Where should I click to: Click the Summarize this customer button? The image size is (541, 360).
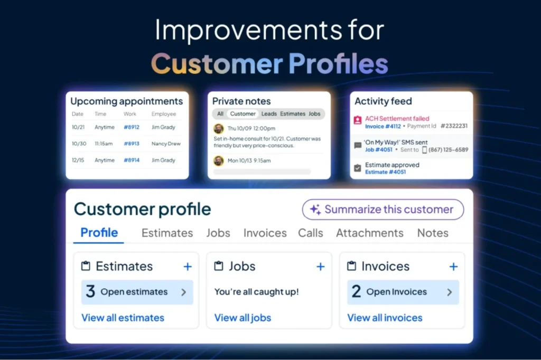[383, 210]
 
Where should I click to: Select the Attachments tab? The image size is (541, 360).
[369, 233]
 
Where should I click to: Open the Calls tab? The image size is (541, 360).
[310, 233]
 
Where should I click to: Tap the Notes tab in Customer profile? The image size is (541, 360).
[432, 233]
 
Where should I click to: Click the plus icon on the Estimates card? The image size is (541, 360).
[188, 267]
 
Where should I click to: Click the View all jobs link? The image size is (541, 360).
[242, 318]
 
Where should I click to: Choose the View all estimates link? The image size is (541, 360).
[123, 318]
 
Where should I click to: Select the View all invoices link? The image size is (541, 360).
[385, 318]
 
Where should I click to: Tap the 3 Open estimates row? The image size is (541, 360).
[137, 292]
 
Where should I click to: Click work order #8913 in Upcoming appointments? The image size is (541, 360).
[131, 144]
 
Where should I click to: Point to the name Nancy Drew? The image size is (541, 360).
[166, 144]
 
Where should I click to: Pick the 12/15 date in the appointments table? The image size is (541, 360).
[79, 160]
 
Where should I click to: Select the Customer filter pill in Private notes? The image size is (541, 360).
[242, 113]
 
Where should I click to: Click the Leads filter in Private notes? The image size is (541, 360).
[269, 113]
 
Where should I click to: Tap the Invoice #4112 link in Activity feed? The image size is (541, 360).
[383, 126]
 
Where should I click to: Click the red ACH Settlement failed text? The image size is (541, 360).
[397, 119]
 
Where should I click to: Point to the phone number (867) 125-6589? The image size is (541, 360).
[448, 149]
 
